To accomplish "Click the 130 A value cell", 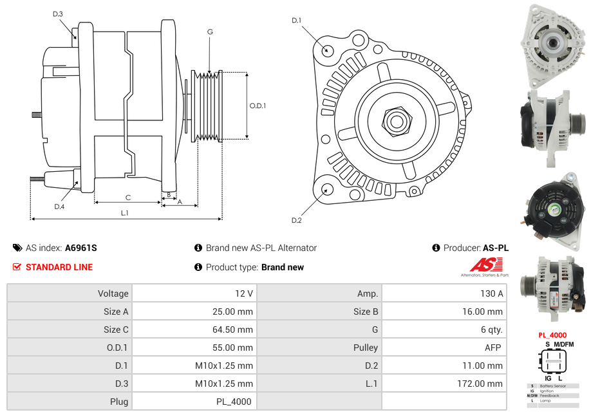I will [x=491, y=293].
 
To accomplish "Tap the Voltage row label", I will [x=113, y=293].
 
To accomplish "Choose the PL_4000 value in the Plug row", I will [x=234, y=402].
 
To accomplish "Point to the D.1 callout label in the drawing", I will [x=296, y=21].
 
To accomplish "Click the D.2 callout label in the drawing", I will [x=296, y=221].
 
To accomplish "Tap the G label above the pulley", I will [x=210, y=32].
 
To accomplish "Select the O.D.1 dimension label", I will [x=258, y=106].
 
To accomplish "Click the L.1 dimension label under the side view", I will [x=125, y=213].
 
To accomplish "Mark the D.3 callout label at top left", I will [x=58, y=14].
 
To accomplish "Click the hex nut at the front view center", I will [x=396, y=120].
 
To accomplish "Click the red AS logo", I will [x=482, y=264].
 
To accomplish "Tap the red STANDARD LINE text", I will [x=59, y=267].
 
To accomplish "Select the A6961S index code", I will [x=81, y=248].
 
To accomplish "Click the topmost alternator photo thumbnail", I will [x=552, y=45].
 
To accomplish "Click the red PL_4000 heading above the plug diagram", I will [x=552, y=335].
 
